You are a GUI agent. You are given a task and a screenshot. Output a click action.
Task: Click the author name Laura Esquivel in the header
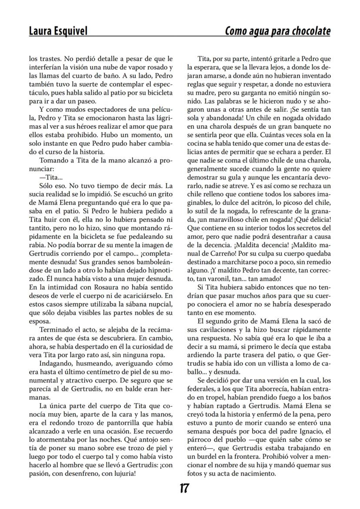pyautogui.click(x=58, y=31)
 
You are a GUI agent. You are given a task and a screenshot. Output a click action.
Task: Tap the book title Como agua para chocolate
pyautogui.click(x=277, y=31)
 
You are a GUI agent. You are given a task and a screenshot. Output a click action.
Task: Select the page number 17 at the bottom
pyautogui.click(x=184, y=489)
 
